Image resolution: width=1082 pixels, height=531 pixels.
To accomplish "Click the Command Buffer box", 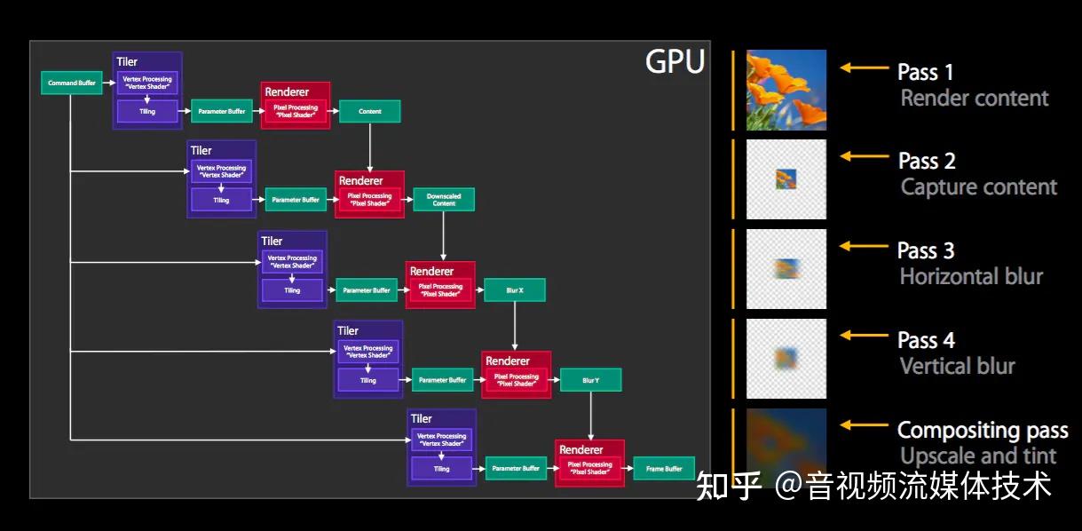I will [x=72, y=83].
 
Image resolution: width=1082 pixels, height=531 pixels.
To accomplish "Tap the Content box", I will [x=369, y=111].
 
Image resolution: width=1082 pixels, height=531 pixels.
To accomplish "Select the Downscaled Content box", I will [x=444, y=200].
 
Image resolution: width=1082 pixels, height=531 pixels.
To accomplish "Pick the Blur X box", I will [x=514, y=290].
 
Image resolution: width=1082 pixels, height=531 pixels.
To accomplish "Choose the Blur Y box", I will [x=590, y=380].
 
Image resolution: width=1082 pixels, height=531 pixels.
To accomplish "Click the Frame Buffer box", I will [x=664, y=469].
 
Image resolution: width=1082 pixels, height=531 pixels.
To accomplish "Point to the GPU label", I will [x=675, y=62].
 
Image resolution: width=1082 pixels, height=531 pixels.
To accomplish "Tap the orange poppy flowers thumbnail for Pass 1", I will [x=786, y=90].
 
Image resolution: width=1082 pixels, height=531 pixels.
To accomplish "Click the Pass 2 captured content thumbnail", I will [x=786, y=179].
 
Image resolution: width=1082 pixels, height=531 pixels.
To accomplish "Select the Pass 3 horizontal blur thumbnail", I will [x=786, y=269].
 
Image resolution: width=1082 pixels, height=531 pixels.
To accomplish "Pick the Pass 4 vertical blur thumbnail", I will [x=786, y=359].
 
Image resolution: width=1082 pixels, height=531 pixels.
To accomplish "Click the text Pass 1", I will [x=925, y=72].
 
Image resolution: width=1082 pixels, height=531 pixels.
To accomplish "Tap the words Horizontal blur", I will [x=971, y=276].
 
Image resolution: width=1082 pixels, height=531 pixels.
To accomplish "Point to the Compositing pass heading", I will [x=982, y=430].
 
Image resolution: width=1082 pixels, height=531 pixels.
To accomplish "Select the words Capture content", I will [x=978, y=186].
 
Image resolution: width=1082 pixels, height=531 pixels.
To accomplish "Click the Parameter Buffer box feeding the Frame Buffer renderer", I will [x=516, y=468].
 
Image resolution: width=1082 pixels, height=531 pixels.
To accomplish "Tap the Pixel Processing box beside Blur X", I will [x=441, y=290].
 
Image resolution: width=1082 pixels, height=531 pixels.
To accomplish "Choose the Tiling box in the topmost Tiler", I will [x=146, y=112].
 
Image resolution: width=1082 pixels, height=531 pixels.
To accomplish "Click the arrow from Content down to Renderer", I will [x=369, y=146].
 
